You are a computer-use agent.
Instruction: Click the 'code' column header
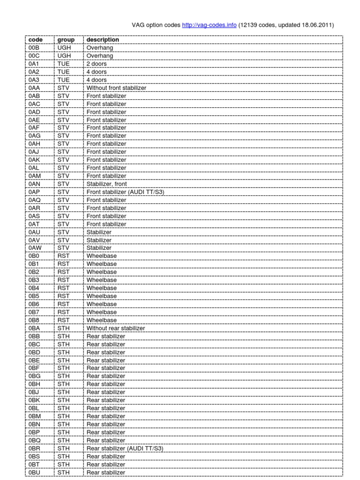pyautogui.click(x=35, y=40)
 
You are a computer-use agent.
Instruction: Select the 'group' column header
pyautogui.click(x=66, y=40)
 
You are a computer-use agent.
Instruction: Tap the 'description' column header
pyautogui.click(x=103, y=40)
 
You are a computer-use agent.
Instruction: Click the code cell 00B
pyautogui.click(x=34, y=48)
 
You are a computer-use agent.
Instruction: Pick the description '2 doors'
pyautogui.click(x=97, y=64)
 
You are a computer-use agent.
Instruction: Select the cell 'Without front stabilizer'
pyautogui.click(x=116, y=88)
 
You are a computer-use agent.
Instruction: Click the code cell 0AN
pyautogui.click(x=35, y=184)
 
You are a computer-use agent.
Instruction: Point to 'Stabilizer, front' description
pyautogui.click(x=106, y=184)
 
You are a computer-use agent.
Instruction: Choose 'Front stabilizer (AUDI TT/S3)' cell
pyautogui.click(x=125, y=192)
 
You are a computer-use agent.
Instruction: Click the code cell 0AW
pyautogui.click(x=36, y=248)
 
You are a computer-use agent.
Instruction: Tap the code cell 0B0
pyautogui.click(x=34, y=256)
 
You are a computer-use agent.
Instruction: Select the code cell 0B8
pyautogui.click(x=34, y=320)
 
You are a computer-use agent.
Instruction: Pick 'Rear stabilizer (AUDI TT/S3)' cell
pyautogui.click(x=125, y=449)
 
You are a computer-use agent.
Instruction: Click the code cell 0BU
pyautogui.click(x=35, y=472)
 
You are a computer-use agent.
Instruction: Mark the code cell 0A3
pyautogui.click(x=34, y=80)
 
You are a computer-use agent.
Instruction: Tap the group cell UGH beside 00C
pyautogui.click(x=63, y=56)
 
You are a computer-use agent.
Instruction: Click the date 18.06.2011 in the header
pyautogui.click(x=317, y=25)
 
